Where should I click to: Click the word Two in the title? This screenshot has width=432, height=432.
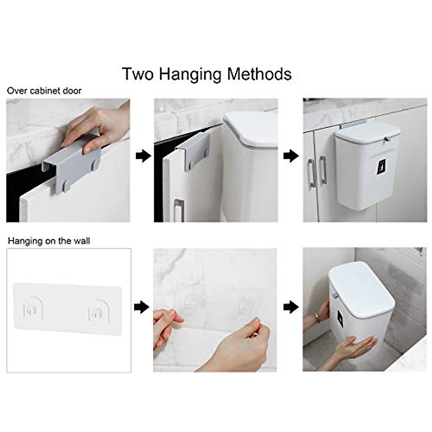[x=138, y=74]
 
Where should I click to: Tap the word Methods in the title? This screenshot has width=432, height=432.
[x=259, y=74]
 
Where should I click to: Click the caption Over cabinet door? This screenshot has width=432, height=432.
[x=44, y=91]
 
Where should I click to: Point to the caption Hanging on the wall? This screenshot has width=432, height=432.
[x=49, y=241]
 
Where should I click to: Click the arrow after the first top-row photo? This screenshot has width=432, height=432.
[x=143, y=156]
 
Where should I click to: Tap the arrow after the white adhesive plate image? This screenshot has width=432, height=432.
[x=141, y=307]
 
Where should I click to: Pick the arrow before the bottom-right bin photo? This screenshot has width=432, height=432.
[x=291, y=307]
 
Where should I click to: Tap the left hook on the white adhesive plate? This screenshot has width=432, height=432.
[x=33, y=309]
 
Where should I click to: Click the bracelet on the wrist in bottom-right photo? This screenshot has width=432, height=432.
[x=317, y=318]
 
